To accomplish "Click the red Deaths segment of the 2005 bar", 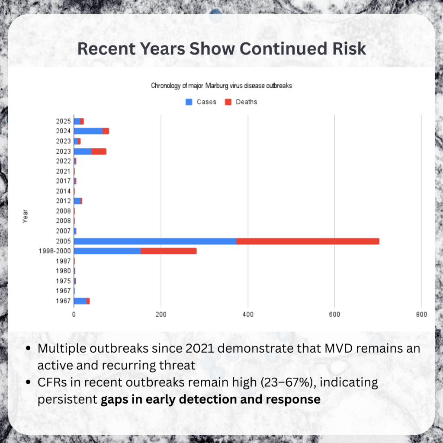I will pos(308,241).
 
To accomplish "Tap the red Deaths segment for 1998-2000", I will pos(168,251).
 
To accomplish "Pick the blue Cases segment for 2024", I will pos(88,131).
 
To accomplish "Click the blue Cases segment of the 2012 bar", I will pos(77,201).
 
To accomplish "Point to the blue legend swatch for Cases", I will pos(189,102).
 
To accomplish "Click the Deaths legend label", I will pos(246,102).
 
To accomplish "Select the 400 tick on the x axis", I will pos(248,314).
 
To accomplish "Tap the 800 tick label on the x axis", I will pos(421,314).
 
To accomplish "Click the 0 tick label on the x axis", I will pos(74,314).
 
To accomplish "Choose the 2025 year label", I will pos(63,121).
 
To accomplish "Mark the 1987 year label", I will pos(63,261).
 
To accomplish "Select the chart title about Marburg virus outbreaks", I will pos(221,86).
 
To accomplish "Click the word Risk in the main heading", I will pos(347,48).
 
